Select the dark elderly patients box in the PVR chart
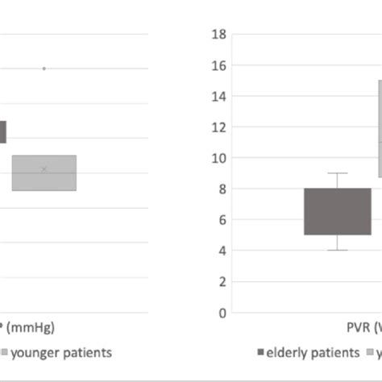point(338,211)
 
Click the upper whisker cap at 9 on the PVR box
point(338,173)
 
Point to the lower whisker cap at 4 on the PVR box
point(338,250)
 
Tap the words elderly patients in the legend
point(313,352)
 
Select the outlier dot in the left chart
point(44,69)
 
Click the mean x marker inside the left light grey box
point(44,169)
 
